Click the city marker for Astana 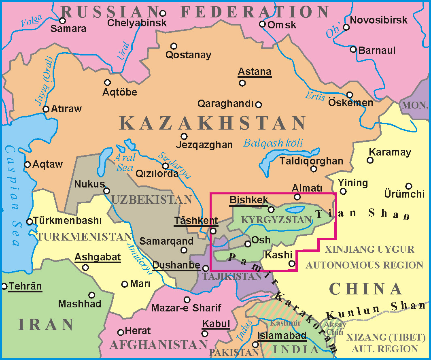point(242,83)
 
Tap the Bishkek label point(248,200)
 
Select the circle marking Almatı point(297,197)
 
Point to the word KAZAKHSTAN point(213,123)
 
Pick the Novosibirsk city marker point(346,27)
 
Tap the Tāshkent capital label point(196,221)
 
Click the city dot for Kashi point(292,264)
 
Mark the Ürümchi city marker point(409,186)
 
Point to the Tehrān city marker point(4,286)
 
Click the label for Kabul point(216,324)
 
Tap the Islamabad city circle point(255,345)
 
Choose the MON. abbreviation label point(415,105)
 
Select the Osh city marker point(248,244)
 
